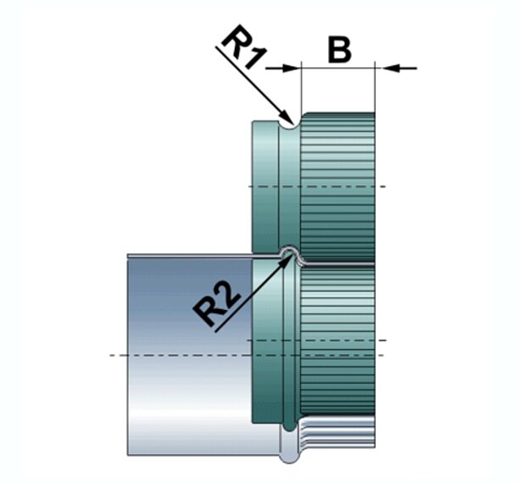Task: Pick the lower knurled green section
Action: click(339, 340)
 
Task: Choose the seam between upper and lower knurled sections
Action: click(339, 261)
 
